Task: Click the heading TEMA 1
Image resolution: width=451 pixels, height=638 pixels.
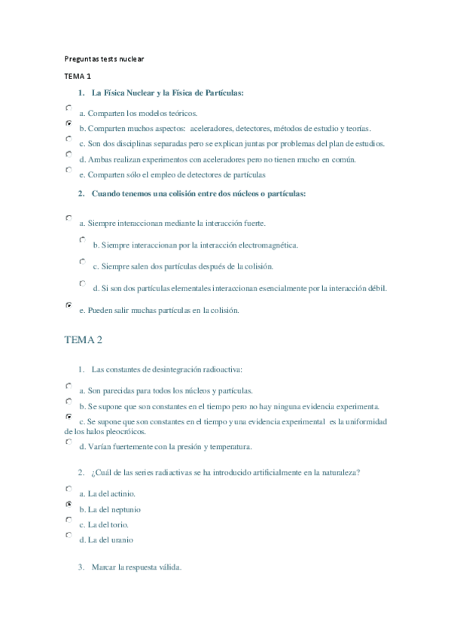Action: [77, 76]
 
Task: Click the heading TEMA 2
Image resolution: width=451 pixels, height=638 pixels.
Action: [83, 340]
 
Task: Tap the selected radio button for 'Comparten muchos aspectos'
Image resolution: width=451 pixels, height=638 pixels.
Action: [69, 123]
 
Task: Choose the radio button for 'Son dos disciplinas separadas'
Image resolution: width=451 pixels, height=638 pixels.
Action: [69, 138]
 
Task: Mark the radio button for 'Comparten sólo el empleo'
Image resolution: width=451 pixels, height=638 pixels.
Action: [69, 169]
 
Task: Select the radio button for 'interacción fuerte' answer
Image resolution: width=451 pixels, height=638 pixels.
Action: [69, 217]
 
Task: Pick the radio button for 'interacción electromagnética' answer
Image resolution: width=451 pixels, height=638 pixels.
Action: [82, 239]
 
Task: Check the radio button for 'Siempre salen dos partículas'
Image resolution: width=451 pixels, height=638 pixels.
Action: [82, 261]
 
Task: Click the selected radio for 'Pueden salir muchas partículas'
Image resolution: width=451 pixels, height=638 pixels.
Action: [69, 305]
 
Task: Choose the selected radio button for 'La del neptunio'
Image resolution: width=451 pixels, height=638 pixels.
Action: [69, 504]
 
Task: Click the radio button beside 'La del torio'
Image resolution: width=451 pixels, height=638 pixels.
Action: [69, 519]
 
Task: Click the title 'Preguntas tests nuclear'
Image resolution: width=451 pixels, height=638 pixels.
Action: [104, 58]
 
